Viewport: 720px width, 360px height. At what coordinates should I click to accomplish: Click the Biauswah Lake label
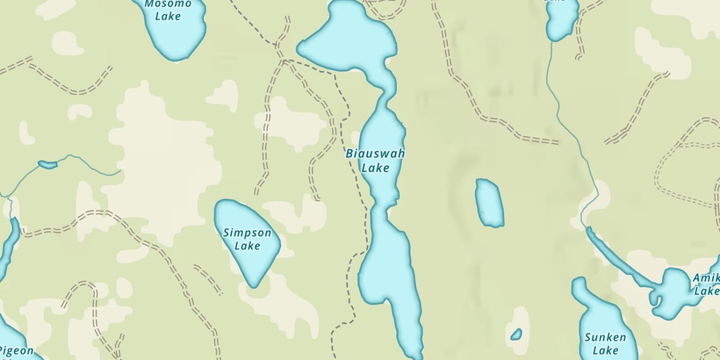pos(375,161)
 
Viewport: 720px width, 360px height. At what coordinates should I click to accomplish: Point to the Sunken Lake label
pos(605,344)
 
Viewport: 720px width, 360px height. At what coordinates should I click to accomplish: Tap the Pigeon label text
pos(17,350)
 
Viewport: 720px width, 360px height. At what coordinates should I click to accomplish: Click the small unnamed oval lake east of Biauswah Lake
pos(489,203)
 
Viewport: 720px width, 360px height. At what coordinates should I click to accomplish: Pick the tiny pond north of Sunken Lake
pos(516,334)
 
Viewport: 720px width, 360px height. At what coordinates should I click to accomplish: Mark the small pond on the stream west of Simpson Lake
pos(48,165)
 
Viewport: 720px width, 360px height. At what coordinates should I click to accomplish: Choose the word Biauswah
pos(375,154)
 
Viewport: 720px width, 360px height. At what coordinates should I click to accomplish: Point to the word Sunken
pos(605,337)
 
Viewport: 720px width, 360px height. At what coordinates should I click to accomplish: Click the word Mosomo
pos(168,4)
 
